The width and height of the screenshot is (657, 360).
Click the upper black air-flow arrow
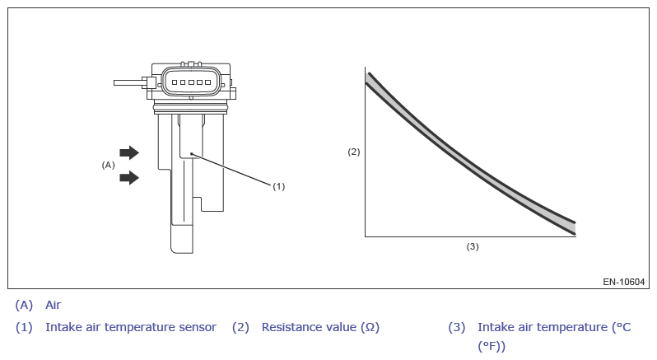point(129,152)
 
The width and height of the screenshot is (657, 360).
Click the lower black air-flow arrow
point(129,178)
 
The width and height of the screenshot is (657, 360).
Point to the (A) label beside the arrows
point(108,165)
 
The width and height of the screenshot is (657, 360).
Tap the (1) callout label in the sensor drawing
point(278,186)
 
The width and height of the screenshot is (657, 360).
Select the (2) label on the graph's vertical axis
point(354,152)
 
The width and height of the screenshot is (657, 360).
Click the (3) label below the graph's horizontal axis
point(473,246)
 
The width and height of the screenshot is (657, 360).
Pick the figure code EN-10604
point(623,282)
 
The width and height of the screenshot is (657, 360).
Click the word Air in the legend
point(54,305)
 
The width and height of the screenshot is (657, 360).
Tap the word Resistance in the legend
point(288,327)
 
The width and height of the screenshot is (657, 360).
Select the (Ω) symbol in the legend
point(370,327)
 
